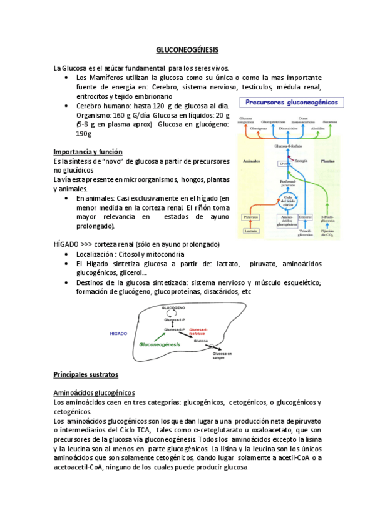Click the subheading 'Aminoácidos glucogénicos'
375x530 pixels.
click(94, 392)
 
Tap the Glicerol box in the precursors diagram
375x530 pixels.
click(306, 217)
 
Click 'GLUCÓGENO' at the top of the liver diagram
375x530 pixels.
click(173, 309)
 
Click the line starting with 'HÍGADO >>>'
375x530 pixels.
click(136, 244)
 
